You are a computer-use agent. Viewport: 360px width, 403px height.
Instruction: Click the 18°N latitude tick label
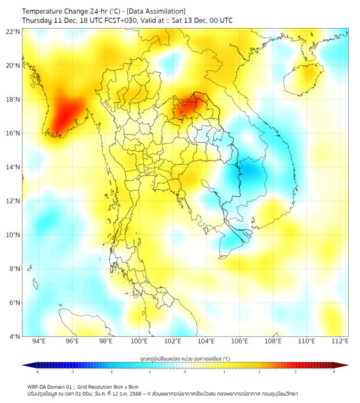(x=13, y=100)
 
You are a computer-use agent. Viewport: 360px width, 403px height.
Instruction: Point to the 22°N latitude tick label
(x=13, y=32)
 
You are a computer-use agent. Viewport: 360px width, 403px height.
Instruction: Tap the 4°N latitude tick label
(x=14, y=336)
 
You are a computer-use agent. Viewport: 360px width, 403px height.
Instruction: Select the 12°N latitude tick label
(x=13, y=201)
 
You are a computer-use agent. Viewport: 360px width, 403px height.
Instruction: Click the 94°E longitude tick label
(x=39, y=341)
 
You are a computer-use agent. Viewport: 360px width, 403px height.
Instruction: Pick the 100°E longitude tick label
(x=139, y=341)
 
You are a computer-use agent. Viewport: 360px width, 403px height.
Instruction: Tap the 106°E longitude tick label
(x=240, y=341)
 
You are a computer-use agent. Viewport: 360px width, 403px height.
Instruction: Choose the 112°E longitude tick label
(x=340, y=341)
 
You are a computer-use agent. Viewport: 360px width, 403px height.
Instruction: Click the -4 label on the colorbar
(x=37, y=372)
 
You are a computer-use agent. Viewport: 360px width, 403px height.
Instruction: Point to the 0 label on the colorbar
(x=185, y=372)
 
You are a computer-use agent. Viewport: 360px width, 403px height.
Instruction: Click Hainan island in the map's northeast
(x=303, y=78)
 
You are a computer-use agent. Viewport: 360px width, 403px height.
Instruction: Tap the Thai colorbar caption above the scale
(x=185, y=358)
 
